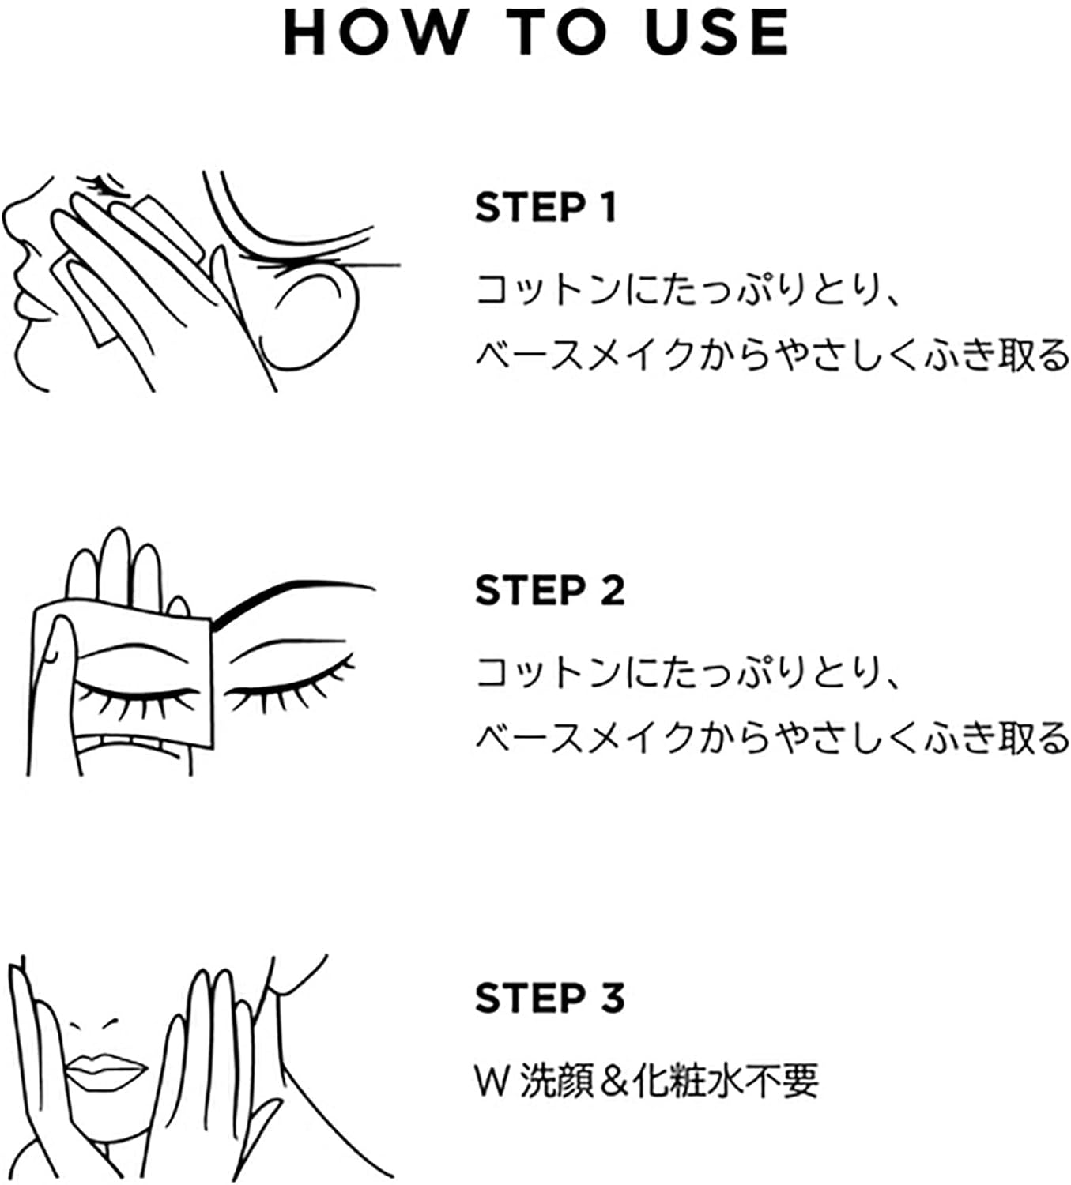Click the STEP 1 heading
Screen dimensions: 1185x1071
click(x=545, y=208)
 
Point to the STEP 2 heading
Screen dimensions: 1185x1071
click(x=549, y=591)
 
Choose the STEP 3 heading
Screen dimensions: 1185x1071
click(x=549, y=998)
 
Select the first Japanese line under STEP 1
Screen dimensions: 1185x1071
click(x=688, y=291)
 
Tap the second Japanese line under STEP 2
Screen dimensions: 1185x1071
click(x=771, y=738)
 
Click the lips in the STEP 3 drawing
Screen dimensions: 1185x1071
click(x=106, y=1072)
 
